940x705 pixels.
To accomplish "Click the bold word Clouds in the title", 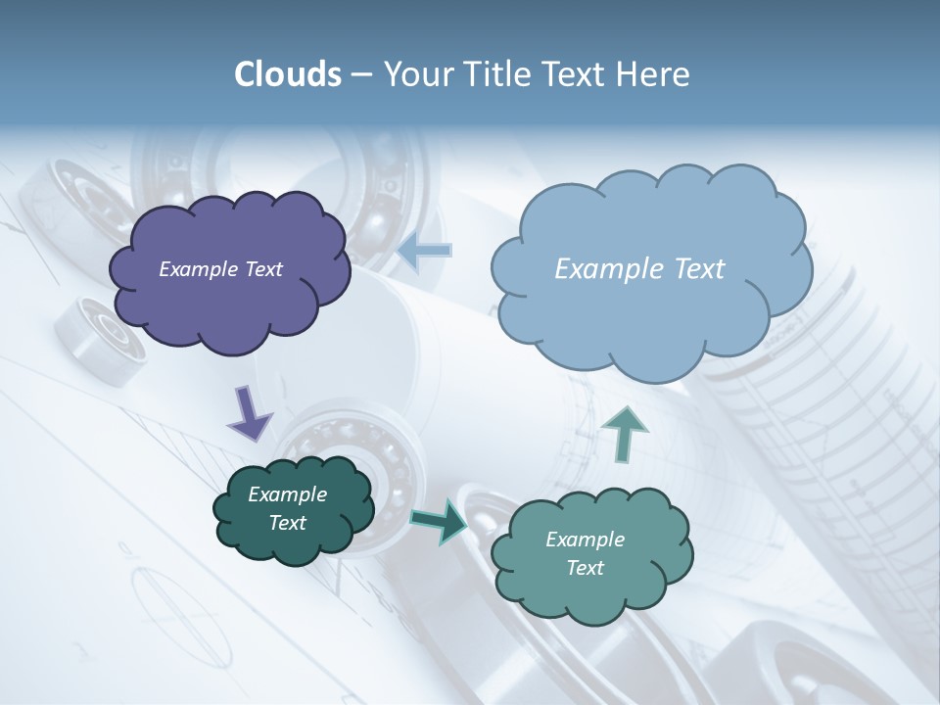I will point(287,74).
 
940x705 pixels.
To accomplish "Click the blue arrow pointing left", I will point(425,251).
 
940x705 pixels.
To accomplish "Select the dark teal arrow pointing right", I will point(438,520).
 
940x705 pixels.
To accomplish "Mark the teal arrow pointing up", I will point(624,432).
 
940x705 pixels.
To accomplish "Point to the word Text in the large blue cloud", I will point(699,269).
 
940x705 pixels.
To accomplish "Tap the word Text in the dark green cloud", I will point(288,523).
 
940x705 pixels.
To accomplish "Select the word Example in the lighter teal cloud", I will point(585,540).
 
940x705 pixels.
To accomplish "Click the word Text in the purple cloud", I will point(263,269).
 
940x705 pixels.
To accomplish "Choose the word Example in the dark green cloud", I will point(288,494).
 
